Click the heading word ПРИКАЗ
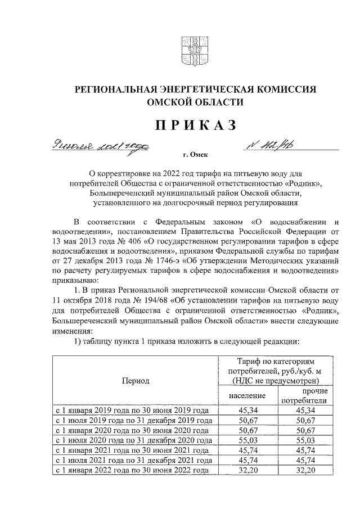point(180,124)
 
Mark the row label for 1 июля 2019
point(133,420)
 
